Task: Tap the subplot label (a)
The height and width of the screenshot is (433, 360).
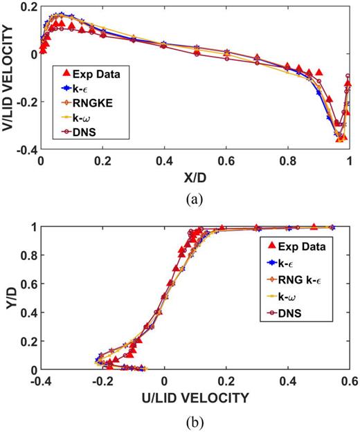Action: tap(195, 199)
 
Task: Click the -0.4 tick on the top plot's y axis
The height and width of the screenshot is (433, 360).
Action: tap(26, 149)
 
